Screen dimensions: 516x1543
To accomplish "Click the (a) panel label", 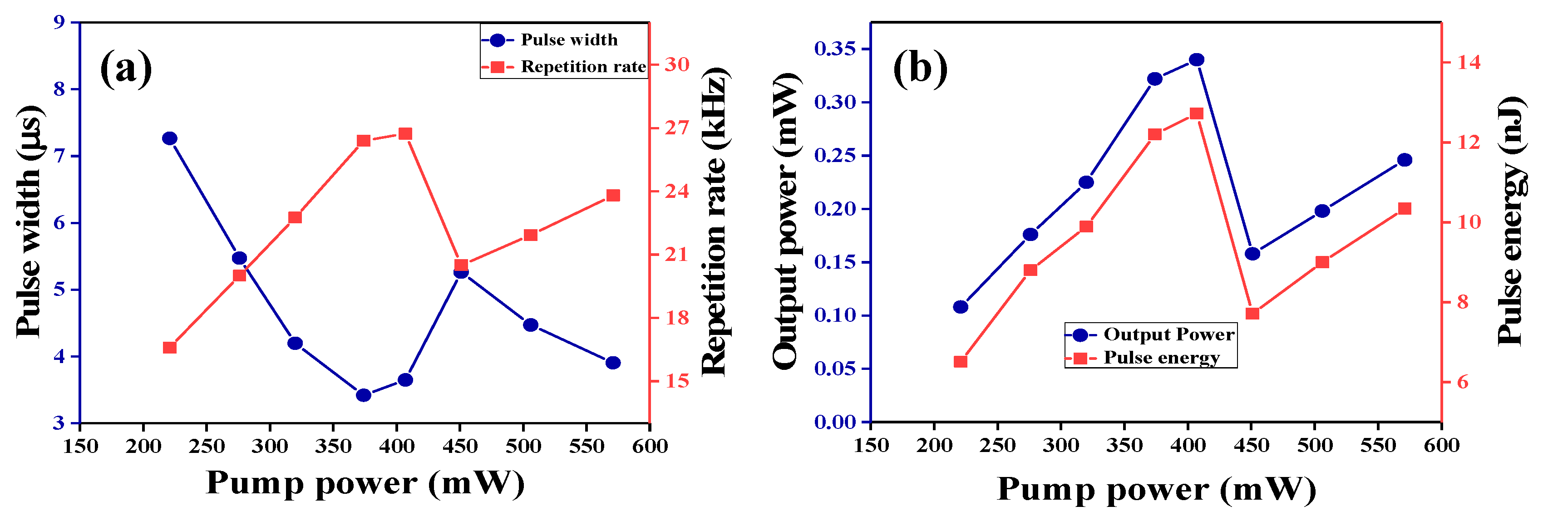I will click(126, 68).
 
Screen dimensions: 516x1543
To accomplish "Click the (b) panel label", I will click(920, 68).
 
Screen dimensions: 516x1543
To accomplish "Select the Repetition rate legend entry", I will click(582, 66).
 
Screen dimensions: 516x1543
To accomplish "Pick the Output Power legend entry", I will click(1168, 334).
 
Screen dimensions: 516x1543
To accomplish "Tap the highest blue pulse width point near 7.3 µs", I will click(169, 138).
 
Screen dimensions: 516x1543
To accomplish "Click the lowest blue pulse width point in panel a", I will click(364, 395).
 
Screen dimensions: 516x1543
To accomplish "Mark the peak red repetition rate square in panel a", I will click(405, 133).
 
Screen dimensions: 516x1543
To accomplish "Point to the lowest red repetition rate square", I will click(169, 348).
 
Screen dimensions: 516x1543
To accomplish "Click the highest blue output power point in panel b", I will click(1197, 60).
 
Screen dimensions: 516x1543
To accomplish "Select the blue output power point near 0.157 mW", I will click(1252, 254).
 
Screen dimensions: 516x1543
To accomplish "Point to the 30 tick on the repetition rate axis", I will click(676, 64).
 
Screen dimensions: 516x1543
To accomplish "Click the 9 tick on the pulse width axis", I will click(59, 22).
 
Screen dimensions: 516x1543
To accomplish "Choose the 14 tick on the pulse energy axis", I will click(1467, 62).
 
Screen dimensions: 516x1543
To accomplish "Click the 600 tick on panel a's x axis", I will click(650, 447).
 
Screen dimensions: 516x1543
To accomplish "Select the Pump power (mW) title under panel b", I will click(1156, 490).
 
